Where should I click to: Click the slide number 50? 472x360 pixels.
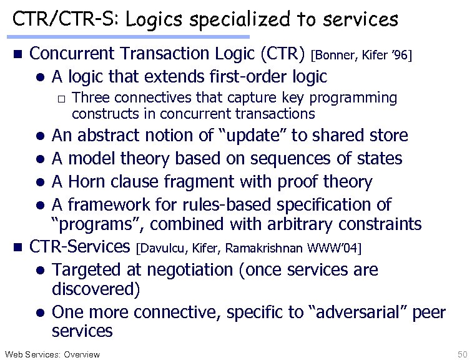click(463, 354)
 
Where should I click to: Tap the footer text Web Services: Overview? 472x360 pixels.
click(52, 354)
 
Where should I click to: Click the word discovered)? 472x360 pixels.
click(96, 290)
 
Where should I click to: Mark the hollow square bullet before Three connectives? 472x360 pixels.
click(61, 99)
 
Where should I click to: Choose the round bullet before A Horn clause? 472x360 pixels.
click(39, 182)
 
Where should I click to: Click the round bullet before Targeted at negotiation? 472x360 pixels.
click(39, 271)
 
